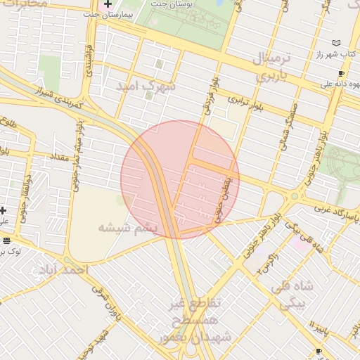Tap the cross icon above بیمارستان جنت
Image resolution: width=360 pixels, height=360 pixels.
(107, 4)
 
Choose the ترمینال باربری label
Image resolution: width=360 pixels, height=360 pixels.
(262, 67)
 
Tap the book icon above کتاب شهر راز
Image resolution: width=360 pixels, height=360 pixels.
(335, 43)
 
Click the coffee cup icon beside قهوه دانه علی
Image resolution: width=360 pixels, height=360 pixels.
(341, 73)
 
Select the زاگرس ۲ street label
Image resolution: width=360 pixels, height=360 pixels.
(264, 264)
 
